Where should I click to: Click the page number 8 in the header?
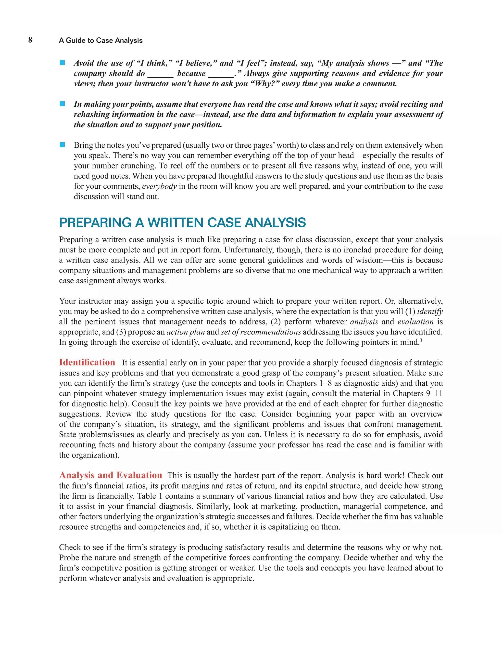tap(30, 40)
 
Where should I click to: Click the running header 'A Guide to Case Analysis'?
tap(100, 40)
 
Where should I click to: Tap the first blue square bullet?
tap(62, 63)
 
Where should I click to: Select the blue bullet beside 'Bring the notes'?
tap(62, 145)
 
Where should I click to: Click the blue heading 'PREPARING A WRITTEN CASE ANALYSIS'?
tap(182, 223)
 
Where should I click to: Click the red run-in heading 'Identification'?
tap(87, 362)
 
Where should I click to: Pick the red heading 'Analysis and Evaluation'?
tap(110, 475)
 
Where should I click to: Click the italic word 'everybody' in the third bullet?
tap(159, 186)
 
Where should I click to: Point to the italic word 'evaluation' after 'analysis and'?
tap(415, 322)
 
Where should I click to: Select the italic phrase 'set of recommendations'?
tap(261, 332)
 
